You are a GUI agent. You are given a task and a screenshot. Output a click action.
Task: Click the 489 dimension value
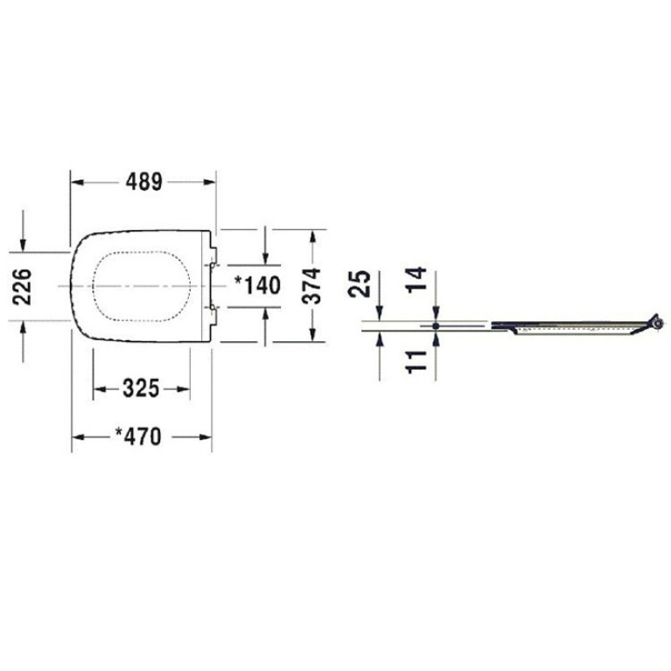click(144, 182)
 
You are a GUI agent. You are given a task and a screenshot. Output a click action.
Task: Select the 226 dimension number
click(22, 287)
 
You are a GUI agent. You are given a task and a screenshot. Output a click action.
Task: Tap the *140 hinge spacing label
click(257, 285)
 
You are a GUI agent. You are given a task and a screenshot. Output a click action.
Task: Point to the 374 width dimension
click(311, 286)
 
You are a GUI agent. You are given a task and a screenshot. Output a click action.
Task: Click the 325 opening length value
click(141, 388)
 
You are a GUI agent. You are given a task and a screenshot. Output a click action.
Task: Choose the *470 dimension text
click(138, 437)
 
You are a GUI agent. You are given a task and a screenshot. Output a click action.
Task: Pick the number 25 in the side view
click(359, 283)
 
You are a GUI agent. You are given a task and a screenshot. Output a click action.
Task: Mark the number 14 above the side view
click(416, 279)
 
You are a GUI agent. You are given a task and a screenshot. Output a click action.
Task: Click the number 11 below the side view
click(416, 361)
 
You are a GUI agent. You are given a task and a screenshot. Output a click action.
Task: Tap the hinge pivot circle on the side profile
click(660, 324)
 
